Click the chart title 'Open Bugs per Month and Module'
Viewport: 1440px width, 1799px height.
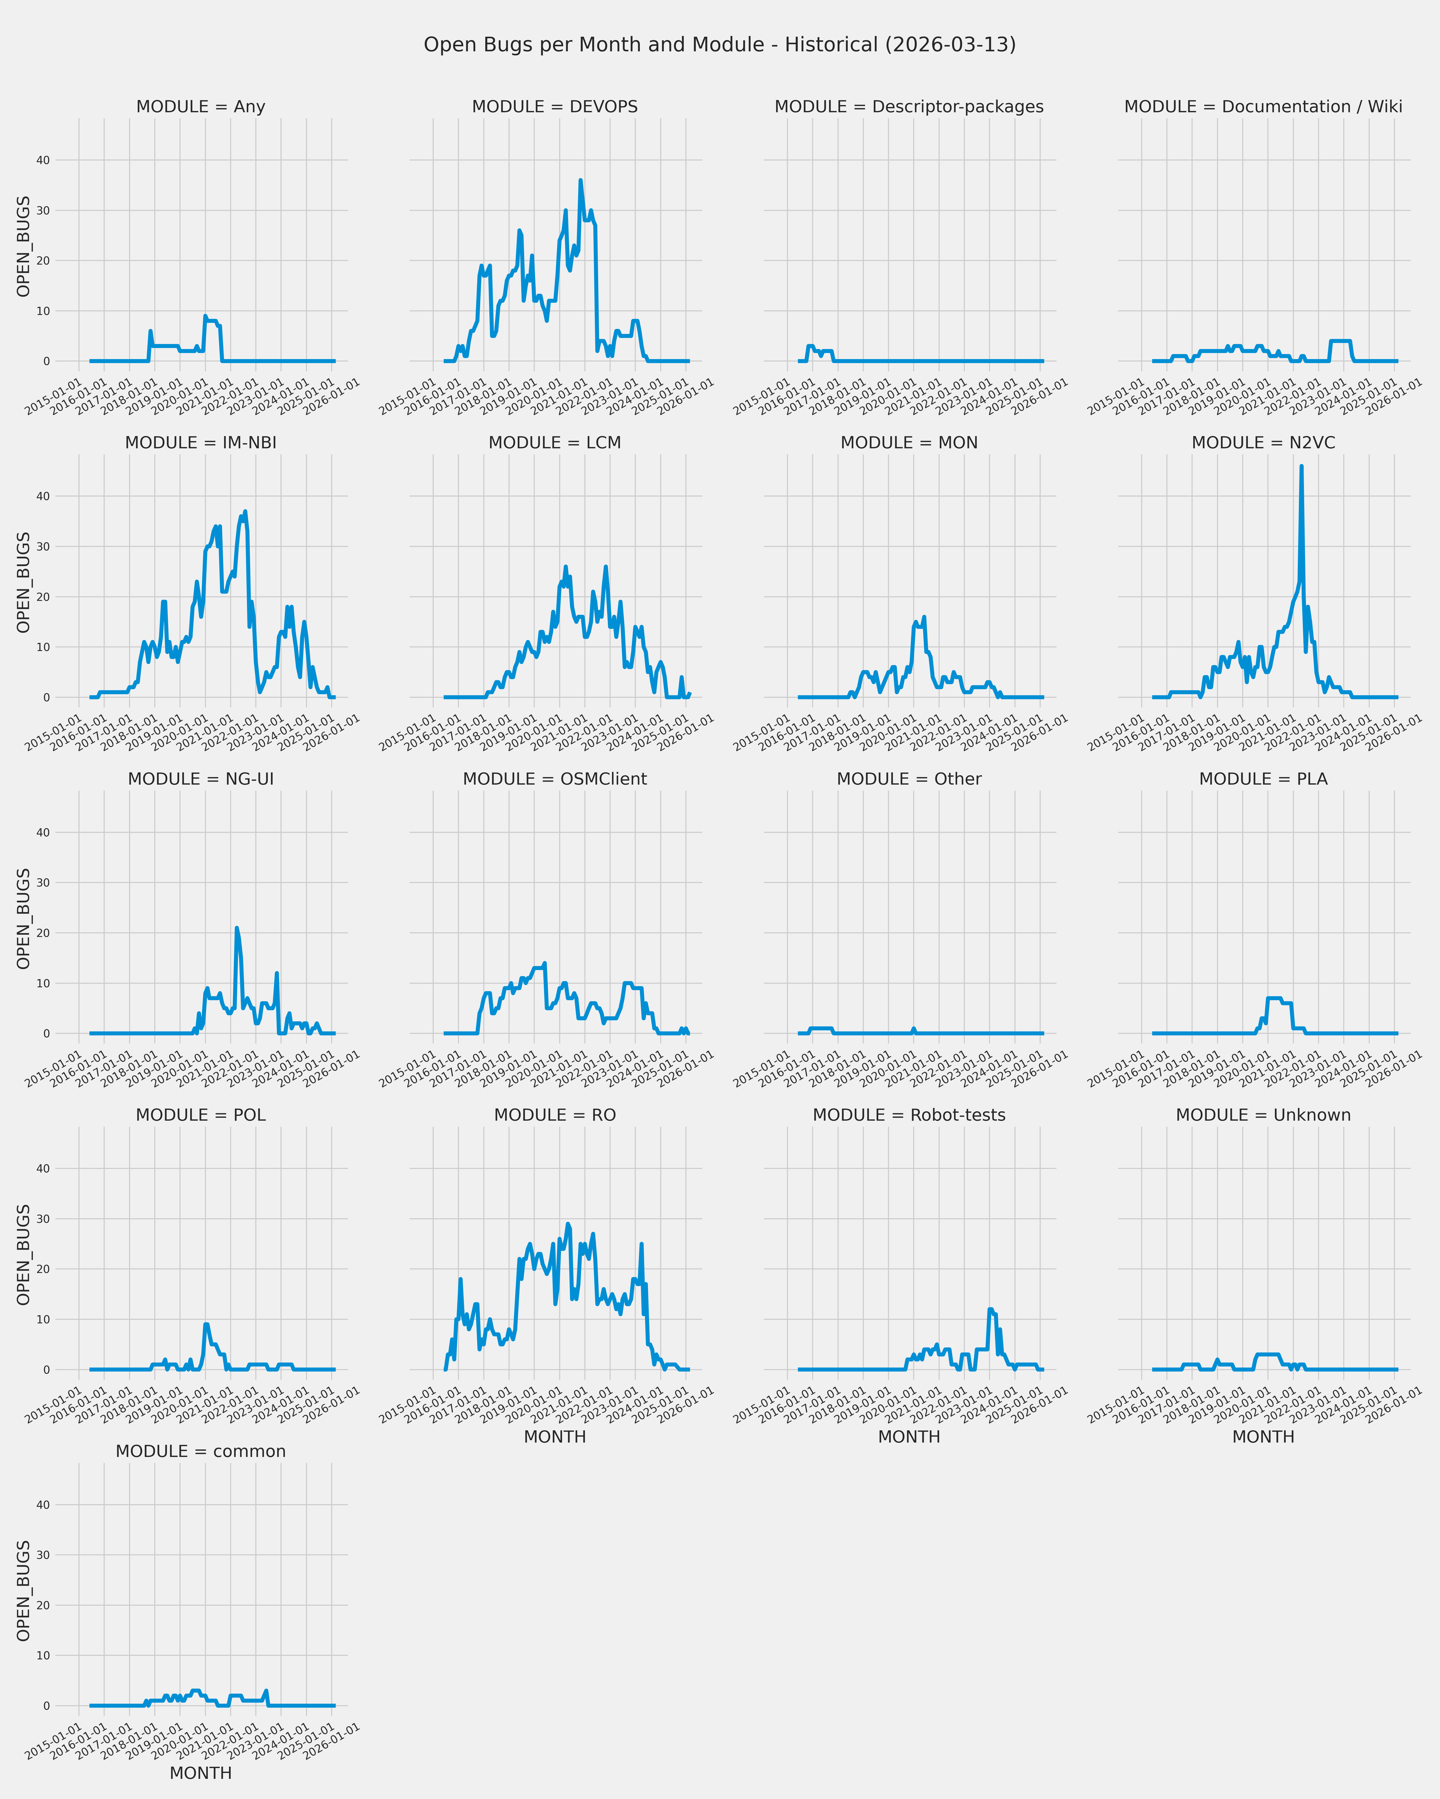pos(720,45)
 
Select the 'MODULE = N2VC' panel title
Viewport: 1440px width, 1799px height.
pos(1263,443)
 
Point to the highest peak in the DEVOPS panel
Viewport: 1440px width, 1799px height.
pos(580,180)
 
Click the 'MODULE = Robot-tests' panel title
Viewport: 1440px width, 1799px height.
pos(909,1116)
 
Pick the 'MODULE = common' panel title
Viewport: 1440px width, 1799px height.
pos(200,1452)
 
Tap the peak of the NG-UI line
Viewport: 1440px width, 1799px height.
pos(236,928)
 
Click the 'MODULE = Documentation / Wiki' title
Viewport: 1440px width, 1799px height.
pos(1263,107)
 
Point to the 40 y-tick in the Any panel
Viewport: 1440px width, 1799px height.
pos(42,160)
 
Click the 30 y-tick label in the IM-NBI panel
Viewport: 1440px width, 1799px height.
pos(42,547)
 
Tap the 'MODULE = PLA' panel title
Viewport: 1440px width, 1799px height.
pos(1263,779)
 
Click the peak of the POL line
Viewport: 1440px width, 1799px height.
pos(206,1324)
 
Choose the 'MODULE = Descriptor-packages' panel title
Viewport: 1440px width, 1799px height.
pos(909,107)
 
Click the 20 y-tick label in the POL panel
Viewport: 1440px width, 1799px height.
pos(42,1269)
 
